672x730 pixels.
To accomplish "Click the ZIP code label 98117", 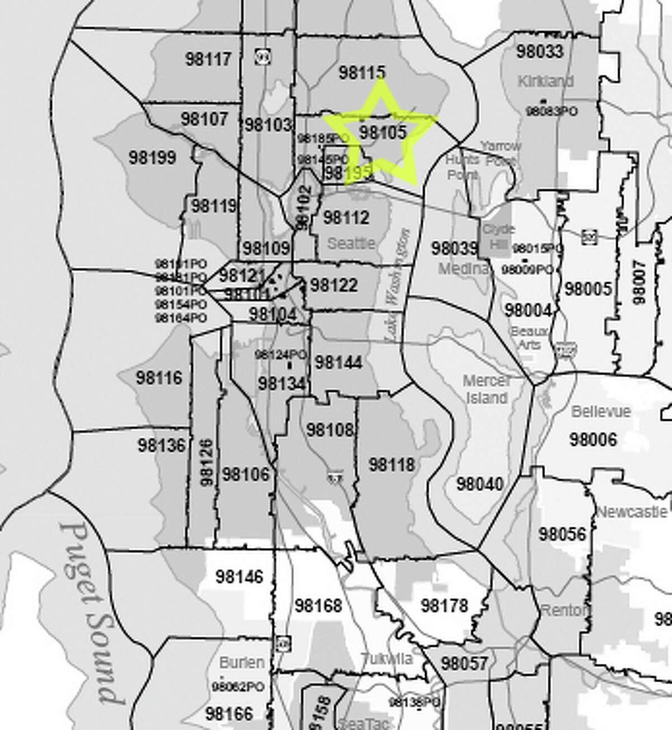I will click(x=208, y=59).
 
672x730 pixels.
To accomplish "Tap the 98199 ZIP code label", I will click(x=152, y=157).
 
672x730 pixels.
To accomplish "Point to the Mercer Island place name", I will click(x=487, y=389).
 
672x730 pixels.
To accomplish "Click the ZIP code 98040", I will click(x=479, y=483).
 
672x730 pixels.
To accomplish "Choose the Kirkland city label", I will click(x=545, y=81).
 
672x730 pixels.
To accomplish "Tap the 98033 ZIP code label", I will click(x=539, y=52).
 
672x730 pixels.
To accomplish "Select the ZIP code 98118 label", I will click(x=392, y=464).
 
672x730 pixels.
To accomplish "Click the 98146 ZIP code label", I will click(x=239, y=576).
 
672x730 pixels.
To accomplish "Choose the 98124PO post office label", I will click(x=281, y=355).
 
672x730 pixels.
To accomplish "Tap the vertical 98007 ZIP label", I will click(x=638, y=283).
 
